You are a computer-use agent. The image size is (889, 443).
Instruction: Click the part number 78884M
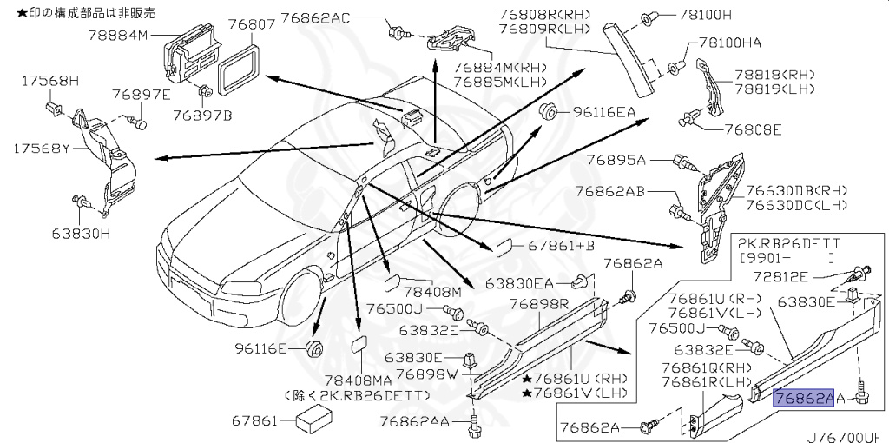119,36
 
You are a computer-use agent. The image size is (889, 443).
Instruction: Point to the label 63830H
80,233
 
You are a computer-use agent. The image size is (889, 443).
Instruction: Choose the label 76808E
753,130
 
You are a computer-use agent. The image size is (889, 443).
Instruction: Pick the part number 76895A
616,160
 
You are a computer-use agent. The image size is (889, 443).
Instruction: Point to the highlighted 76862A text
803,399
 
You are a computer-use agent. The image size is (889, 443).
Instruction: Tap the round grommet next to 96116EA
548,111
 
